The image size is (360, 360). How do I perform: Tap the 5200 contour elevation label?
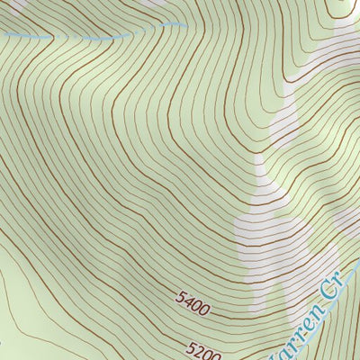click(x=206, y=346)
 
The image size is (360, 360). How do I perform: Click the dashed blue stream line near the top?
click(x=90, y=38)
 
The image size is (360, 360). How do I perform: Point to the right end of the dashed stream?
click(x=184, y=25)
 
